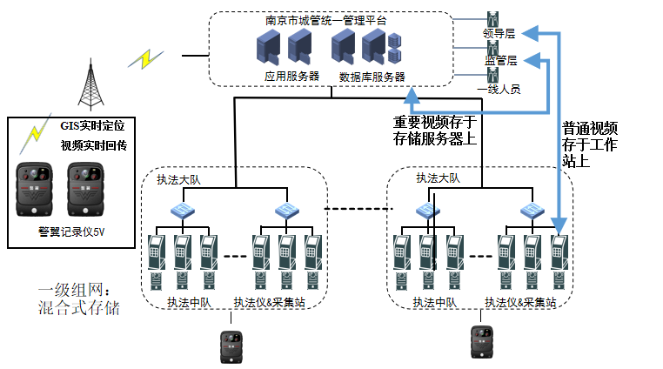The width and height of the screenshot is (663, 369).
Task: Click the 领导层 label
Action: pos(499,34)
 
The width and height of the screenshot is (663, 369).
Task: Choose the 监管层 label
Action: pos(500,61)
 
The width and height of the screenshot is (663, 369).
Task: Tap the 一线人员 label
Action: pos(499,89)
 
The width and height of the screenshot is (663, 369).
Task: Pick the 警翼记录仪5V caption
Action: pos(72,231)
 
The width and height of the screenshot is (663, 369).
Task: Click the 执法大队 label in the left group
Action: pos(177,181)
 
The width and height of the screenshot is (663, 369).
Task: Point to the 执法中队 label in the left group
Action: pos(190,303)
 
